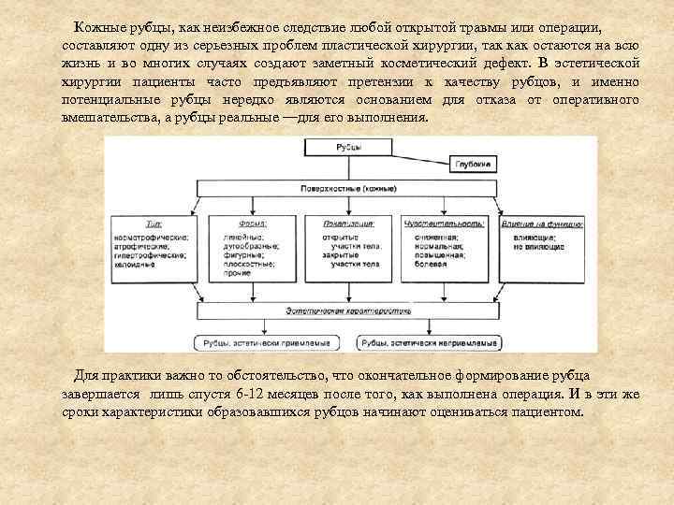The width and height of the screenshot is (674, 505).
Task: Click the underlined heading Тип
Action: click(x=153, y=224)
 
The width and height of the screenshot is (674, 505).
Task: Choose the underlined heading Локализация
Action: click(x=349, y=224)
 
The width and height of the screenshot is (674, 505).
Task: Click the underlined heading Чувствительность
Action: click(x=443, y=224)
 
